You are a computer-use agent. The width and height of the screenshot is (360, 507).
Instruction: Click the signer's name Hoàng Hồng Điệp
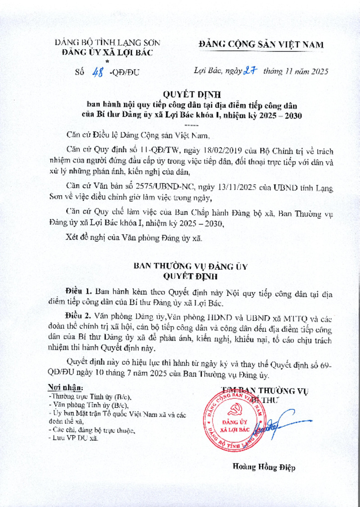click(x=264, y=467)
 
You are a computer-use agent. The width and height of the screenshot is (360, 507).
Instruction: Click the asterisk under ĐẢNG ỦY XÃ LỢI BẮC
click(x=108, y=60)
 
